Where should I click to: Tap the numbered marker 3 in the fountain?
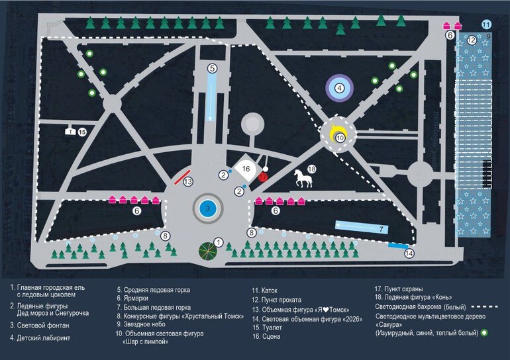tap(207, 208)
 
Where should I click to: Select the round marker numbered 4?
tap(339, 87)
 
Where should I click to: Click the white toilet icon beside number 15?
tap(70, 132)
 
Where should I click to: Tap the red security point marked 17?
tap(263, 177)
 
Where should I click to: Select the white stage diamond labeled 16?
tap(244, 169)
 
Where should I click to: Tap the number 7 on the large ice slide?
tap(382, 228)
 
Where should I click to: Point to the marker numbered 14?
tap(409, 253)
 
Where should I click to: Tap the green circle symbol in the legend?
tap(484, 333)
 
